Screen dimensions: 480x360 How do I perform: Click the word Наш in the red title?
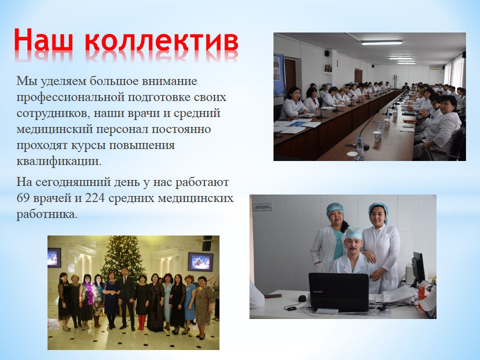43,40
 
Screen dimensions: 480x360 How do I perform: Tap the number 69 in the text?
22,198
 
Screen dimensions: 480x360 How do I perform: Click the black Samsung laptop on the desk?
338,292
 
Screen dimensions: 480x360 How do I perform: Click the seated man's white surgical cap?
353,233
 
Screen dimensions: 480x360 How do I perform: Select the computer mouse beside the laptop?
302,298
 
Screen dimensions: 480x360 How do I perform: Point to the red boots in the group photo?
141,322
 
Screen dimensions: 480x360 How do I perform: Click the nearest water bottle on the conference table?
359,149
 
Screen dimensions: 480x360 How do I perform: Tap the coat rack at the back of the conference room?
395,81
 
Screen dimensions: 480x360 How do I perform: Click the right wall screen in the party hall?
200,261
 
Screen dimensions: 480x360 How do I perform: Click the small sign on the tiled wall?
262,207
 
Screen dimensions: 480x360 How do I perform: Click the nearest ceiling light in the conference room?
381,42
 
